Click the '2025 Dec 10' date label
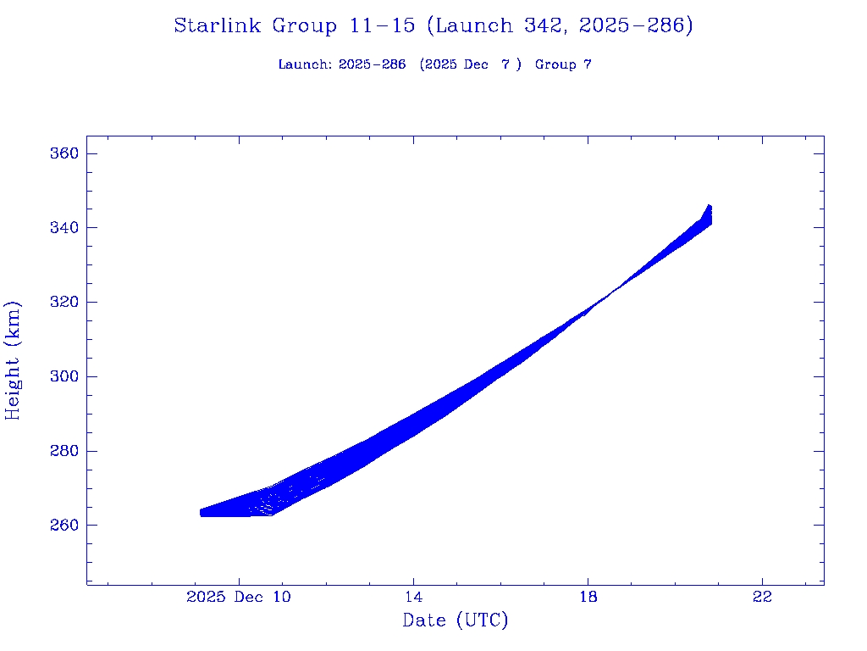[239, 597]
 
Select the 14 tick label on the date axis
[413, 597]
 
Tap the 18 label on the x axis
[588, 597]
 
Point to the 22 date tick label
[762, 597]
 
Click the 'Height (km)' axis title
[13, 360]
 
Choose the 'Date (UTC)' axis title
[456, 620]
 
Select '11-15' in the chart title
[381, 25]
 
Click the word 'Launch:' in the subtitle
[305, 64]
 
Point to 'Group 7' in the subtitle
[563, 64]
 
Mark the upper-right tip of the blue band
[709, 206]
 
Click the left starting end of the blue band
[202, 513]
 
